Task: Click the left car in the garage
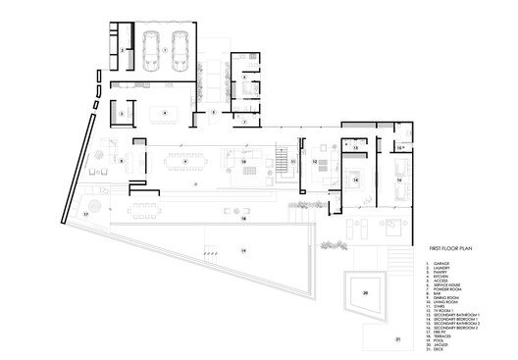152,49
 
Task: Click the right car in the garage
180,49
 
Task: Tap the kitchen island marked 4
165,114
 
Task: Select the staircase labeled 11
292,165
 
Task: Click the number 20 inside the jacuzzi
365,292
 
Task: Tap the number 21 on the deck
398,339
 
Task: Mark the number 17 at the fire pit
85,211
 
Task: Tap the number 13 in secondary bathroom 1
355,147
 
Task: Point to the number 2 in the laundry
122,48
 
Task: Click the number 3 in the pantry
121,114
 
